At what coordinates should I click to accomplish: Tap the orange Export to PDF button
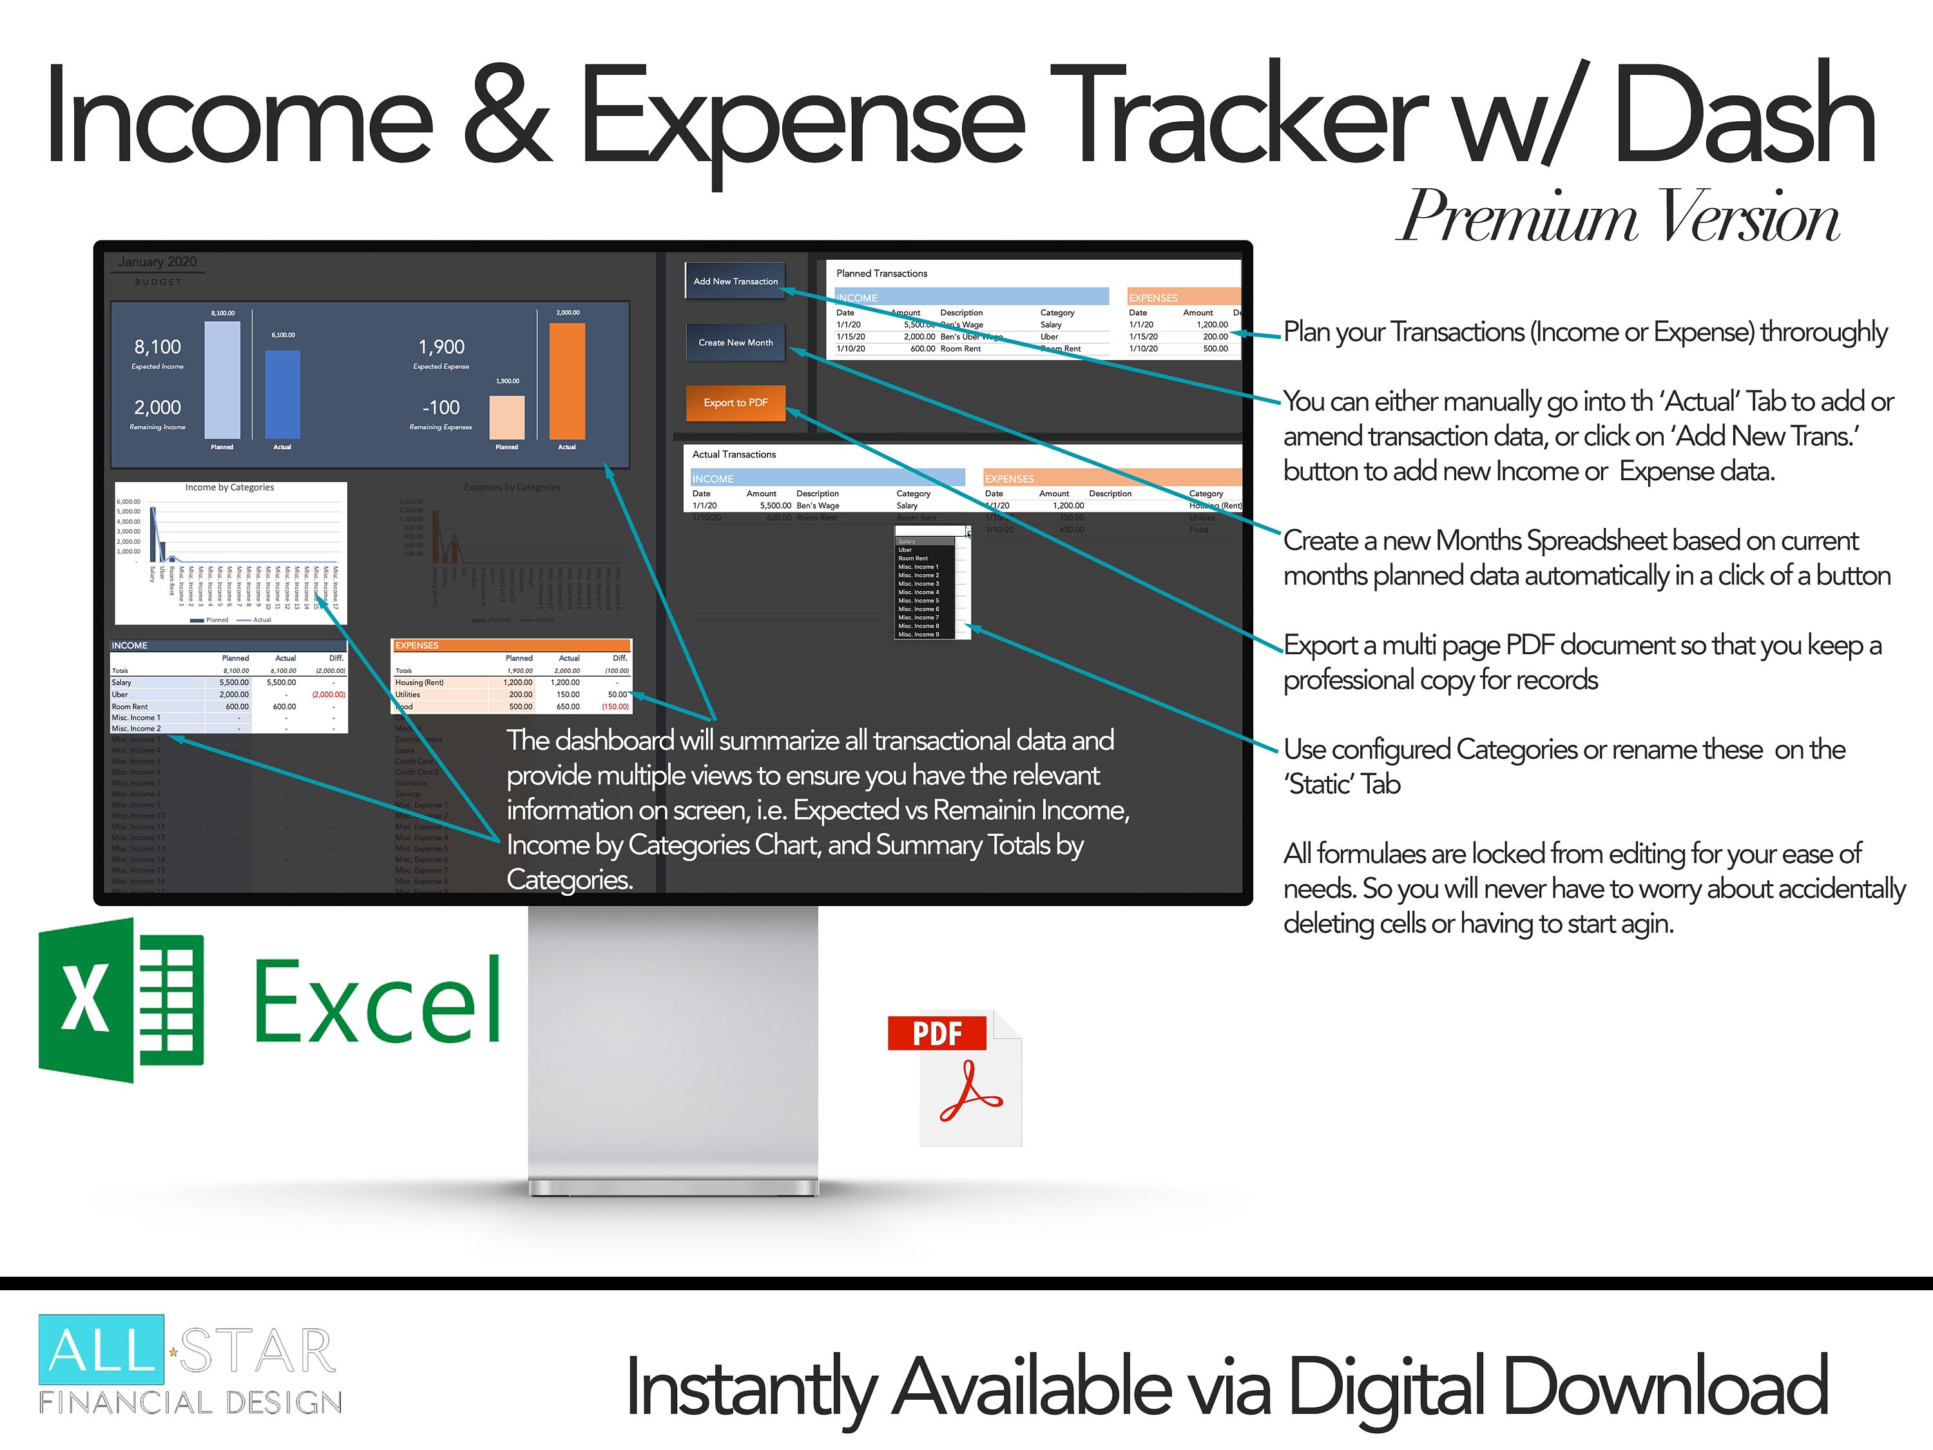point(735,403)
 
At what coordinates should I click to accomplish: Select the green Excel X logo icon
point(120,1000)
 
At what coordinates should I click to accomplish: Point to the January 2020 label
point(157,262)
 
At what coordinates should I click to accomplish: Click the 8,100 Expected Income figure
point(157,347)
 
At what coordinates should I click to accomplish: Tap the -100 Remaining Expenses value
point(441,407)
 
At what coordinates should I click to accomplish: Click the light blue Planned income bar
point(222,380)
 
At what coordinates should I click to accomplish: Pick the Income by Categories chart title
point(229,488)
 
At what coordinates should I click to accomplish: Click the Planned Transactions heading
point(881,274)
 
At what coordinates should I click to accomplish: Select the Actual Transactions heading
point(734,454)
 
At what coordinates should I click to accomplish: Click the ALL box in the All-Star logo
point(101,1349)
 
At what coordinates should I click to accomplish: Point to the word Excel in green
point(378,1001)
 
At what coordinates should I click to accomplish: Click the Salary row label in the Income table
point(122,682)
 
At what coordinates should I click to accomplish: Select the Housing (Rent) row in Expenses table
point(419,682)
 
